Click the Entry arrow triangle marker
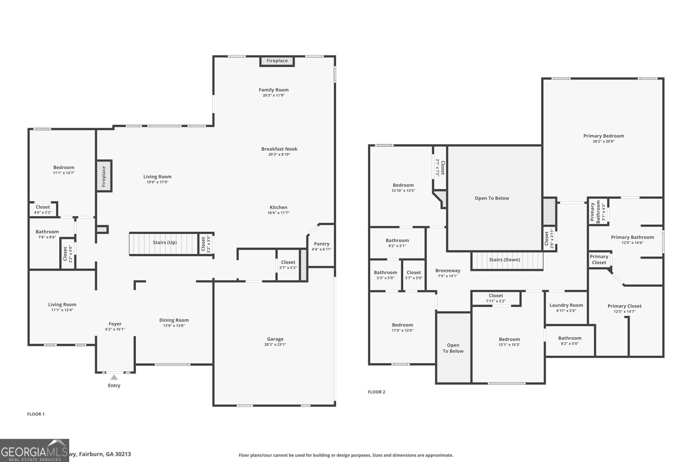(x=114, y=378)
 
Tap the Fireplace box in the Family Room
(x=277, y=61)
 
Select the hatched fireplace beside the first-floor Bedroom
(x=104, y=176)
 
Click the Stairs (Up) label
(x=164, y=242)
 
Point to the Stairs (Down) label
(x=504, y=260)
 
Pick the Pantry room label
(x=321, y=244)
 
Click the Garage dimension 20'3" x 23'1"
(x=275, y=345)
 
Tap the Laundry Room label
(x=566, y=305)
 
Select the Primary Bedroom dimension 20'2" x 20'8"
(x=603, y=142)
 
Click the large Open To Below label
(x=492, y=198)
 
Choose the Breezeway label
(x=448, y=271)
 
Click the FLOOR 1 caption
(x=36, y=414)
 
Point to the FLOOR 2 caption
(x=376, y=392)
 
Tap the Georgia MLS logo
(x=35, y=450)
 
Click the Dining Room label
(x=174, y=320)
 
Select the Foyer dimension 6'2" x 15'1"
(x=115, y=329)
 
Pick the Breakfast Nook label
(x=279, y=149)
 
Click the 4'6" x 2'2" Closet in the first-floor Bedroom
(x=43, y=210)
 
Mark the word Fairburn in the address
(x=91, y=454)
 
